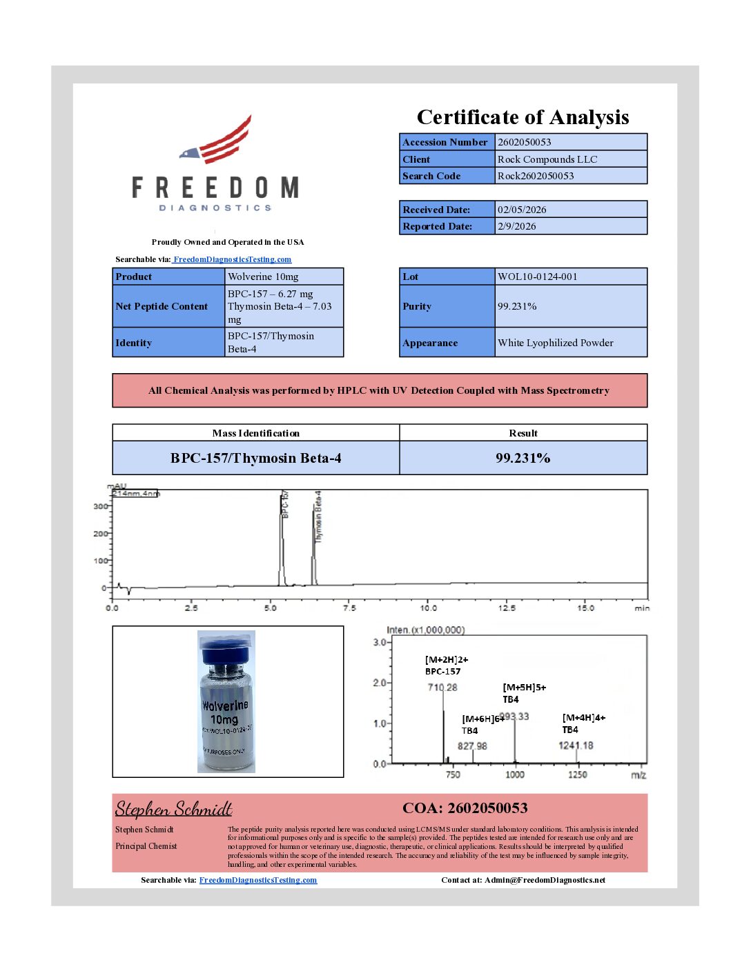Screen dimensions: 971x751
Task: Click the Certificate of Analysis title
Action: click(523, 117)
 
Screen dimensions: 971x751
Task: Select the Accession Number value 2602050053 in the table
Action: click(525, 142)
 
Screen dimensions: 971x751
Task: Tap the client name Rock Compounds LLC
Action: click(547, 159)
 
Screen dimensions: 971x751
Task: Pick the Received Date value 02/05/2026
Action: click(522, 210)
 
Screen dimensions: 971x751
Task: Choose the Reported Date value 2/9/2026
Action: click(517, 226)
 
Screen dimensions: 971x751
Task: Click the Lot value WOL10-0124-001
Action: click(538, 277)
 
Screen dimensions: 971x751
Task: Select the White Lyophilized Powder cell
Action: click(556, 343)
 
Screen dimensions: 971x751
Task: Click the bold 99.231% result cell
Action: click(523, 458)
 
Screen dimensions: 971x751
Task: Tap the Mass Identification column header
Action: click(255, 433)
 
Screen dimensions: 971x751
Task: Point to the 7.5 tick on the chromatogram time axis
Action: click(349, 608)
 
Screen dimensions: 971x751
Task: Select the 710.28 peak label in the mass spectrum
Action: click(442, 688)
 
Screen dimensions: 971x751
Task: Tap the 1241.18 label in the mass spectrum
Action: click(576, 745)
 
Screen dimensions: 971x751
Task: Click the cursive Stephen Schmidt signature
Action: click(173, 808)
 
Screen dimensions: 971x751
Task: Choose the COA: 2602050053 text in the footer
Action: click(465, 808)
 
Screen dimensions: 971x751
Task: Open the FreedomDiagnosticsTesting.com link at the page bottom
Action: click(258, 880)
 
